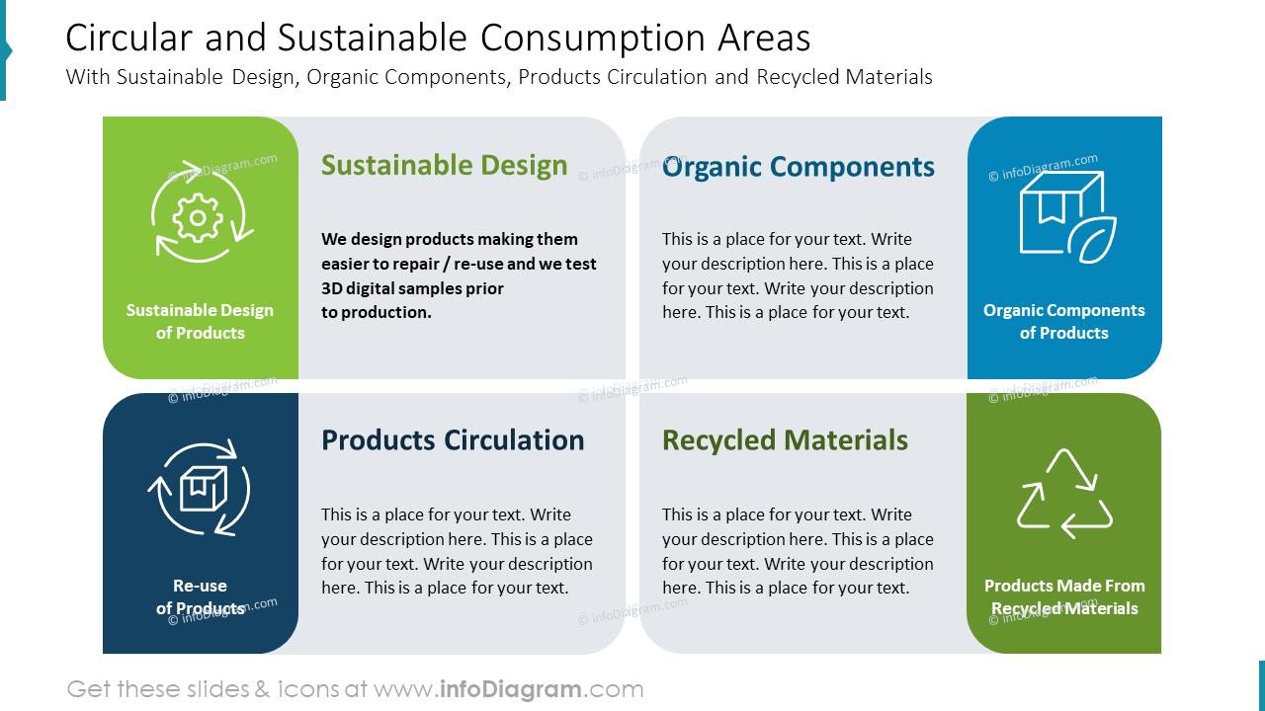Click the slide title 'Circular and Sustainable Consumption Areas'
438,39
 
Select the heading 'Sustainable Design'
444,165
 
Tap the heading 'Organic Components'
798,167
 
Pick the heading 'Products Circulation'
453,440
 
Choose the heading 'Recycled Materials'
785,440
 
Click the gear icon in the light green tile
199,217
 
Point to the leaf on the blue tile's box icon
1097,239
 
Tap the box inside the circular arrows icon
203,488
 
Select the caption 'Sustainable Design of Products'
200,321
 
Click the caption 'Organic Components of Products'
1063,321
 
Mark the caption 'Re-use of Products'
200,596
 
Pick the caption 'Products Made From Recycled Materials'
1064,596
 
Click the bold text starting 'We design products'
450,239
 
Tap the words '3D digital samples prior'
412,288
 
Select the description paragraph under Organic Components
798,276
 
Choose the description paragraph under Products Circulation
457,551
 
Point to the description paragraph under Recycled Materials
798,551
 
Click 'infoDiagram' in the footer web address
511,689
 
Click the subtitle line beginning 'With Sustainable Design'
499,77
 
